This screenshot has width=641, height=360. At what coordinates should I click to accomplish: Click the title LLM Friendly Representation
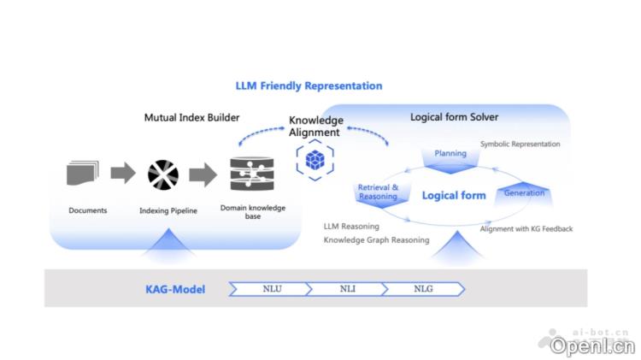point(309,86)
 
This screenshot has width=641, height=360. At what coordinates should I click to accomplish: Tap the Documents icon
point(83,174)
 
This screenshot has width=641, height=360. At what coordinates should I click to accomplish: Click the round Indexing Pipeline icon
point(162,174)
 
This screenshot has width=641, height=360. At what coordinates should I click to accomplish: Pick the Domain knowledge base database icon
point(251,174)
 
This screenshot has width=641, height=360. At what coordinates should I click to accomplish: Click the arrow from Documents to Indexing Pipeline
point(123,174)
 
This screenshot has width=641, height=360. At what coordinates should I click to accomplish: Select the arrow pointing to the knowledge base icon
point(203,174)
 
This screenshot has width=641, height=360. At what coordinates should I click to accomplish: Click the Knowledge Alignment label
point(315,127)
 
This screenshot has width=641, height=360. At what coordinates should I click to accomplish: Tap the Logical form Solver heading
point(454,116)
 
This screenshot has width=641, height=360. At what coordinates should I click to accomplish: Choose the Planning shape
point(450,154)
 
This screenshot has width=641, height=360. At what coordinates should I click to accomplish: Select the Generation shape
point(524,193)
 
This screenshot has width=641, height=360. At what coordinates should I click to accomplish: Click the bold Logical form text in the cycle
point(454,195)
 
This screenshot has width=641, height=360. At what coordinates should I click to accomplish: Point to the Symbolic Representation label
point(520,144)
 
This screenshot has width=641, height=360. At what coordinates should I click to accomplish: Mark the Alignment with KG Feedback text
point(526,228)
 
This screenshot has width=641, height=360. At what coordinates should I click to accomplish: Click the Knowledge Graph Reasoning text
point(376,240)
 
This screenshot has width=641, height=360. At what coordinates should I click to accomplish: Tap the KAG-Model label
point(174,289)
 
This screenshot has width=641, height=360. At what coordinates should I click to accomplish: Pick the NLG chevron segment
point(423,289)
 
